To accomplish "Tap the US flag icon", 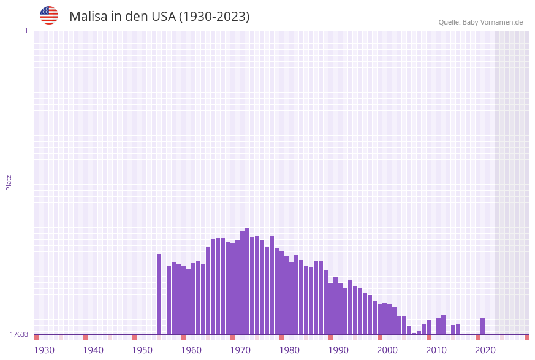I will point(49,15).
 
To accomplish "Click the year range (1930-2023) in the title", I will point(214,17).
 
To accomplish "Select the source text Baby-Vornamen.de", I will point(493,22).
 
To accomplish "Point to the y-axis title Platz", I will point(9,182).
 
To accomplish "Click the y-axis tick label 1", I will point(26,31).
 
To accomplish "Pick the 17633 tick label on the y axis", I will point(19,334).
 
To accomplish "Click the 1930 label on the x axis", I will point(44,350).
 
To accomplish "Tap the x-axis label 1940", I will point(93,350).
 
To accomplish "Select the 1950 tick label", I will point(142,350).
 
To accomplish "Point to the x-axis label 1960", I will point(191,350).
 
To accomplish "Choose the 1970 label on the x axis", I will point(240,350).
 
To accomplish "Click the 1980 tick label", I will point(289,350).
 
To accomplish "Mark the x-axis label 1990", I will point(338,350).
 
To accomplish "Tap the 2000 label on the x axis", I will point(387,350).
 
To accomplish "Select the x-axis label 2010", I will point(436,350).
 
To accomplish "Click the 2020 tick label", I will point(485,350).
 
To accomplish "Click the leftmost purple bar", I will point(159,294).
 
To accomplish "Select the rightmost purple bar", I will point(483,326).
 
